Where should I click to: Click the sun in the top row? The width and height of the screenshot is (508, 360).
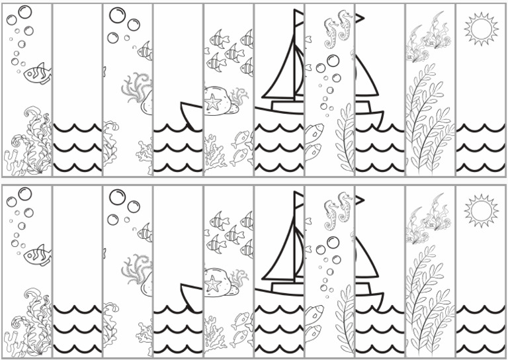[x=480, y=28]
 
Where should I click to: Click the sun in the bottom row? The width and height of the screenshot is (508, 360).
[x=480, y=210]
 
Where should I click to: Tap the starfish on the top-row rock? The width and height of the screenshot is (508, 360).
[x=214, y=101]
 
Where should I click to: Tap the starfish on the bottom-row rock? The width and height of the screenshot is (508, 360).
[x=214, y=283]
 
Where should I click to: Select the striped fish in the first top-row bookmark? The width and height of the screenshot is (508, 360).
[x=38, y=73]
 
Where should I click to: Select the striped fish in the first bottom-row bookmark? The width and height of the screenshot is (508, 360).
[x=38, y=255]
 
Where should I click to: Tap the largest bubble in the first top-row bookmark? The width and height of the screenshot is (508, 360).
[x=24, y=11]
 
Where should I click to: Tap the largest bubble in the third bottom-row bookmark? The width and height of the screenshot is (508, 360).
[x=117, y=197]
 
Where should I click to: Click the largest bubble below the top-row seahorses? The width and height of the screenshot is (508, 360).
[x=333, y=60]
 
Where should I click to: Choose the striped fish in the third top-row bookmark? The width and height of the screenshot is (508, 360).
[x=146, y=50]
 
